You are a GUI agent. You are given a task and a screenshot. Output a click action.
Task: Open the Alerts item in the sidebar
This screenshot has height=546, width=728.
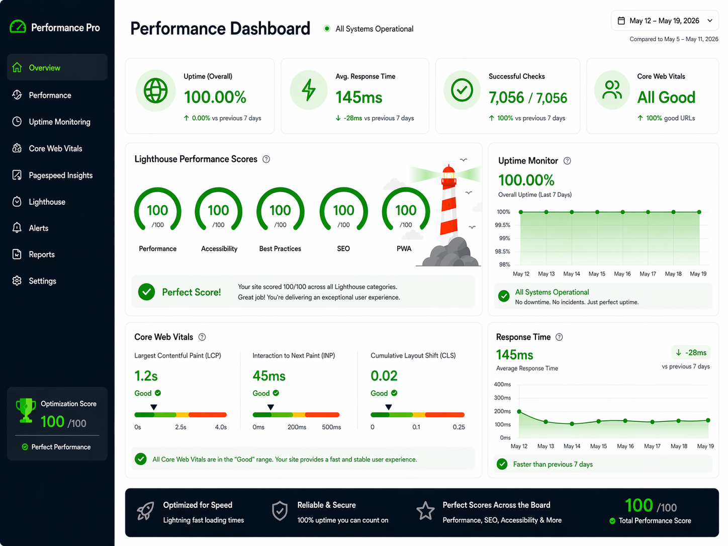coord(39,228)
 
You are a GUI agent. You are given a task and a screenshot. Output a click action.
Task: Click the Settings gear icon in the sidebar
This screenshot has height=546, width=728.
coord(17,281)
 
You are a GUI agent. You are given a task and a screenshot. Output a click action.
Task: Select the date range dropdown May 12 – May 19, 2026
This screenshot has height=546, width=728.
coord(665,21)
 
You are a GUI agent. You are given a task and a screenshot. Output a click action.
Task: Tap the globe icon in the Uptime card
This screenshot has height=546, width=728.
coord(155,90)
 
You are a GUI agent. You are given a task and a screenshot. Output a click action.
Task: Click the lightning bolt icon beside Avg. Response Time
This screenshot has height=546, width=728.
coord(309,90)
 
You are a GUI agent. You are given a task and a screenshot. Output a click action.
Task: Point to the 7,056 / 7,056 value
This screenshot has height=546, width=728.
coord(528,98)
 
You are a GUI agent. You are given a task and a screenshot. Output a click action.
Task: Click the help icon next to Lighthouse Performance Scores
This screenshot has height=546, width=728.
coord(266,159)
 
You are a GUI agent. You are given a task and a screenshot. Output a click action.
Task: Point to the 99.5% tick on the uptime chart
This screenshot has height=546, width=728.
coord(502,225)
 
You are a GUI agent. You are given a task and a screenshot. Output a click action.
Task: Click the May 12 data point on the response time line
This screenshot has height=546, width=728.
coord(519,412)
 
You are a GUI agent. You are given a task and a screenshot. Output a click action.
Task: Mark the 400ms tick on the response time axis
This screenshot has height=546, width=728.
coord(502,385)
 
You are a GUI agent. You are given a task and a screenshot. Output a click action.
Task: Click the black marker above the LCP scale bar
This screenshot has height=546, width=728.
coord(153,407)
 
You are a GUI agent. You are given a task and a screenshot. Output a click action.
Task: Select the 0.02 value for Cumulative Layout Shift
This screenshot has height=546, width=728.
coord(384,376)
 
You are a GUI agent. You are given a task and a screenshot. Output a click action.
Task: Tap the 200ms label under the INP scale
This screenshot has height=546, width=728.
coord(297,427)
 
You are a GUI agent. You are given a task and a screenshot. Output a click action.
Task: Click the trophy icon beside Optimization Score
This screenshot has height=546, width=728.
coord(26,410)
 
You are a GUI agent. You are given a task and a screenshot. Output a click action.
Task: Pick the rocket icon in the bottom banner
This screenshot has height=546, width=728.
coord(145,511)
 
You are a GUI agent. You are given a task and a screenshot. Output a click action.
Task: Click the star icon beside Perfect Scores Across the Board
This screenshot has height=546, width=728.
coord(425,511)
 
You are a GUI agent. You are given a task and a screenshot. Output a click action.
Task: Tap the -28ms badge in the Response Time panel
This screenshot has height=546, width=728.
coord(691,352)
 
